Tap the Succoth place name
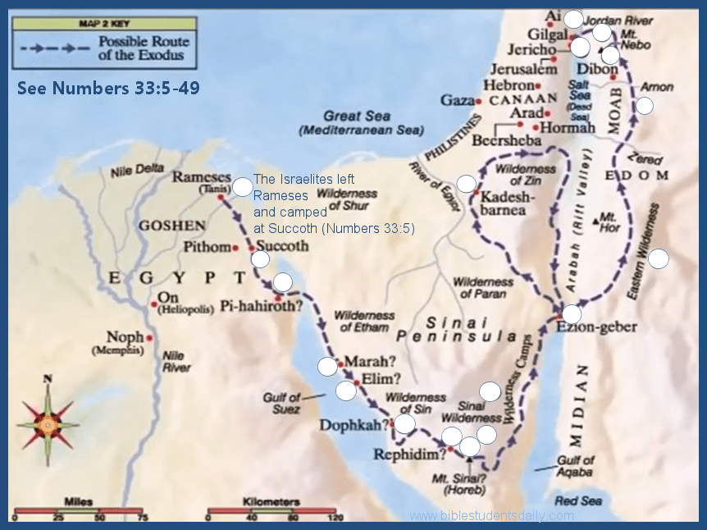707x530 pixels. click(x=283, y=246)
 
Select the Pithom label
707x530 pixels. click(x=205, y=246)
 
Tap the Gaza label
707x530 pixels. click(x=457, y=100)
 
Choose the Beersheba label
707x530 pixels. click(x=507, y=141)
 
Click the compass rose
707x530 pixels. click(x=48, y=423)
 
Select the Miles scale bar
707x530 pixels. click(x=79, y=510)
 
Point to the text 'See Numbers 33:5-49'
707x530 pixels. click(x=108, y=88)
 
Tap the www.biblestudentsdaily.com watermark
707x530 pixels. click(x=492, y=516)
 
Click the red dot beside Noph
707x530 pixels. click(x=150, y=337)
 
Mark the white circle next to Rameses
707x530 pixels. click(x=242, y=187)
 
